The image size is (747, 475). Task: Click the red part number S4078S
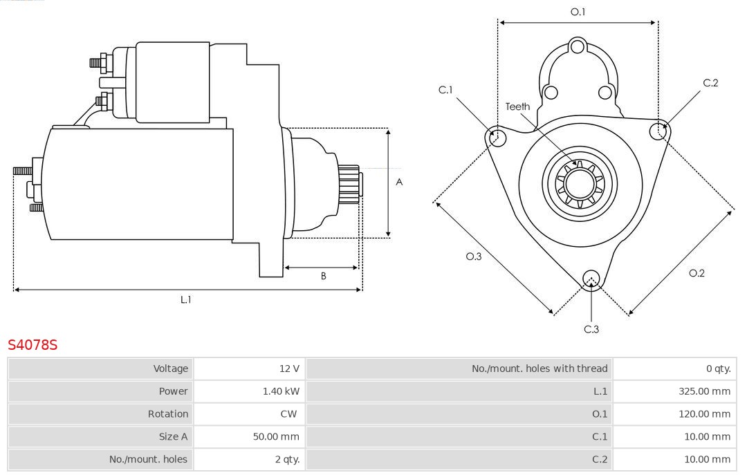coord(33,344)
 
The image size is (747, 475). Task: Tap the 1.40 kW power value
coord(281,391)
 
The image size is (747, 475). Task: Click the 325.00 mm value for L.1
coord(704,391)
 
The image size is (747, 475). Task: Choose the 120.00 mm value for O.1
coord(704,414)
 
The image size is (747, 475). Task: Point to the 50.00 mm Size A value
coord(276,436)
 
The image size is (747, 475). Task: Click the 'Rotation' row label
coord(167,414)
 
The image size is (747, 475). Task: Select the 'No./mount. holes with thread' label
coord(539,369)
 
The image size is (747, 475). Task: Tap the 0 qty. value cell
coord(718,369)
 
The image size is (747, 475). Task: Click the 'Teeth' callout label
coord(517,106)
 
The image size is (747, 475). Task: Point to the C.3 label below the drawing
coord(591,329)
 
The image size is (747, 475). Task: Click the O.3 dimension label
coord(473,257)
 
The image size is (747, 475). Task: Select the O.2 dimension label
coord(697,273)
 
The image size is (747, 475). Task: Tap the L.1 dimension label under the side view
coord(186,299)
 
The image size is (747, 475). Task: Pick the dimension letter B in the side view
coord(323,276)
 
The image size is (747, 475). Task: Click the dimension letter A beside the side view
coord(399,183)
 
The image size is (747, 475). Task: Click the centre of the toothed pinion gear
coord(580,185)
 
